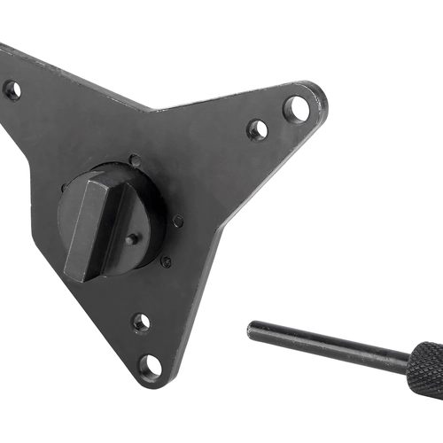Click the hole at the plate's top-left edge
(12, 89)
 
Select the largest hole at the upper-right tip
(297, 108)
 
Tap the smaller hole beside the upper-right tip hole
(257, 129)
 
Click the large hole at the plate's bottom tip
(152, 365)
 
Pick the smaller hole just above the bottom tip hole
(141, 323)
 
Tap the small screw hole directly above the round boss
(135, 160)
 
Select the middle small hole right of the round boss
(178, 221)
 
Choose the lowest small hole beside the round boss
(166, 261)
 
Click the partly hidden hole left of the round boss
(64, 189)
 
